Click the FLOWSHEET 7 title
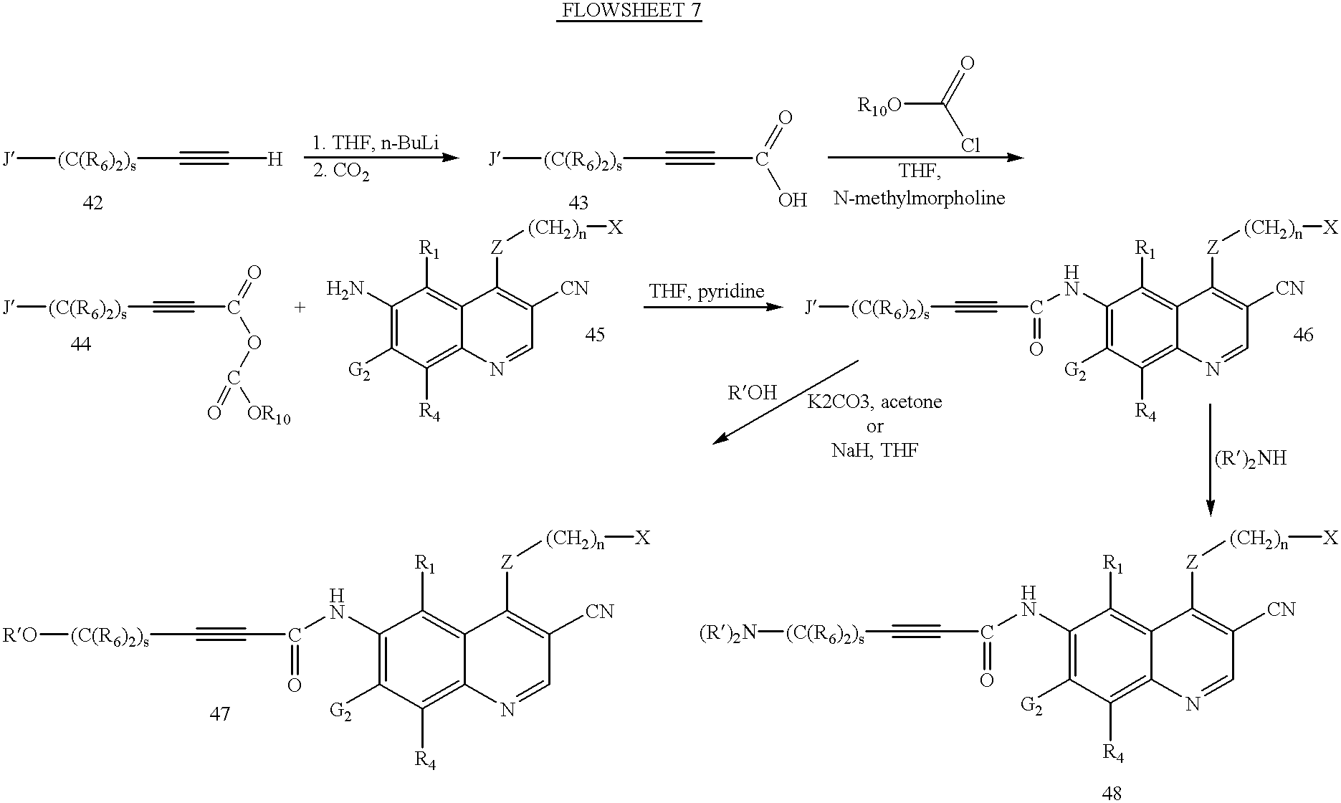coord(629,11)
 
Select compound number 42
coord(92,204)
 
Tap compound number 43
coord(576,204)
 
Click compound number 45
coord(595,335)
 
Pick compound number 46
coord(1304,335)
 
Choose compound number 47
coord(219,713)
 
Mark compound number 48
coord(1112,792)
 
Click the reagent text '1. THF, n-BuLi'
coord(375,143)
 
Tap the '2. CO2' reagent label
coord(341,174)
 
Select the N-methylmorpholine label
coord(920,198)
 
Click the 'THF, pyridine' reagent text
coord(707,291)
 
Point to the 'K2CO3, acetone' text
coord(874,401)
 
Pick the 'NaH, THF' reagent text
coord(874,450)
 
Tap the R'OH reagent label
coord(752,393)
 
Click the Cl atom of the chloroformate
coord(970,146)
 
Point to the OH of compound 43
coord(793,199)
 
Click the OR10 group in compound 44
coord(269,414)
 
